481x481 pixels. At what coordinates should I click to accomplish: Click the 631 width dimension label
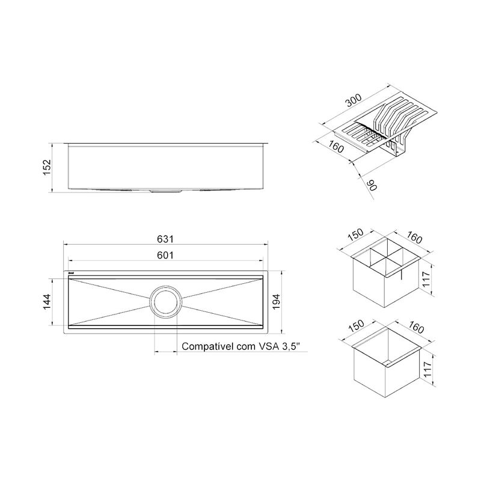pyautogui.click(x=165, y=239)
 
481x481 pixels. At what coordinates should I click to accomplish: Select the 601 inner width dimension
pyautogui.click(x=165, y=255)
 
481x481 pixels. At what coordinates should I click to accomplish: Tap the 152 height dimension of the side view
pyautogui.click(x=47, y=168)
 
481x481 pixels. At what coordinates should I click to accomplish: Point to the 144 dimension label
pyautogui.click(x=47, y=302)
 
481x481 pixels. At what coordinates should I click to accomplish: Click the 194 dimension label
pyautogui.click(x=276, y=302)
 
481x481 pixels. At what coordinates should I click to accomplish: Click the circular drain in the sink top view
pyautogui.click(x=166, y=302)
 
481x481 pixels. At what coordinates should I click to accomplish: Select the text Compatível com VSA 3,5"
pyautogui.click(x=240, y=346)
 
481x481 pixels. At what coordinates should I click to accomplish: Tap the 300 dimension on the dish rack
pyautogui.click(x=354, y=100)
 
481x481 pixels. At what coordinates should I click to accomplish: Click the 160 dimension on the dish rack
pyautogui.click(x=335, y=147)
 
